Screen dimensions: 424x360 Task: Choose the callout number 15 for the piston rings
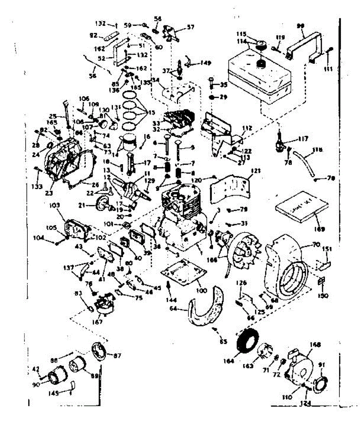pyautogui.click(x=152, y=113)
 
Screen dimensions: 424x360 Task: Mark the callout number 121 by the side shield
pyautogui.click(x=255, y=171)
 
